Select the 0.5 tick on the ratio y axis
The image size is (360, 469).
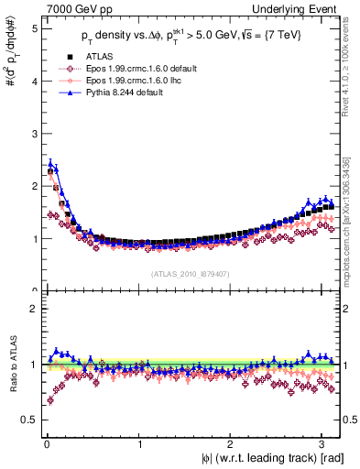[x=29, y=420]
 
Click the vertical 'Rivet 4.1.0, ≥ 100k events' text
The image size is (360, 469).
[x=352, y=73]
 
